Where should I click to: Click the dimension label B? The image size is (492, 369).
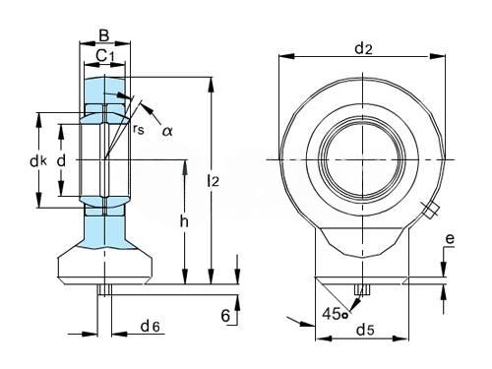point(104,35)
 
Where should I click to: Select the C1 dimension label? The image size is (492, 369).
point(105,56)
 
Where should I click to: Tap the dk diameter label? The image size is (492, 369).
point(38,161)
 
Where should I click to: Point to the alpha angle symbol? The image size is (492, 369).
point(167,131)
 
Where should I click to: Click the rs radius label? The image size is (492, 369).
point(139,129)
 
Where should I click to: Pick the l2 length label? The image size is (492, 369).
point(214,181)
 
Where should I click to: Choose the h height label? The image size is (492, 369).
point(184,221)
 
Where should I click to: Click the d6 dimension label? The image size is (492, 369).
point(150,326)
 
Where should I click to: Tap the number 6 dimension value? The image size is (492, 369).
point(225,316)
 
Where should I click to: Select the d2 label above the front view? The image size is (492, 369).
point(364,49)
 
